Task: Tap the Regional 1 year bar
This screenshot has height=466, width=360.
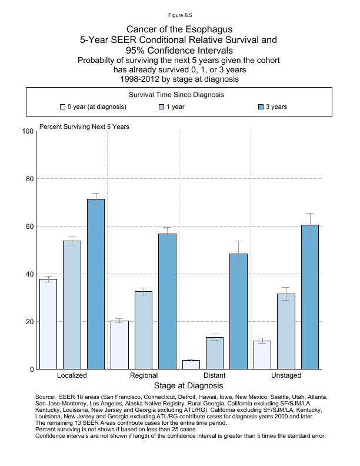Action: (144, 330)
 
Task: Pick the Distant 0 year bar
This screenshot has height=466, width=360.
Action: (191, 365)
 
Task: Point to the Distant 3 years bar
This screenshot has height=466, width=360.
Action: (239, 311)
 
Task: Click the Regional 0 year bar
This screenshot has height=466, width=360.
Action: (120, 345)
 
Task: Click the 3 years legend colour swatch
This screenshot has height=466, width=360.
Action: (262, 107)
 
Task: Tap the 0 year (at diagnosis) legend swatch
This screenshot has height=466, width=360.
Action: (63, 107)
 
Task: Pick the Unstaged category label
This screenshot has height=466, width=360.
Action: (286, 375)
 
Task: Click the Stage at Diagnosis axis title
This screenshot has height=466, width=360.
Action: (188, 386)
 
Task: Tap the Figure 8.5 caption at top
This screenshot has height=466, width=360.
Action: (179, 15)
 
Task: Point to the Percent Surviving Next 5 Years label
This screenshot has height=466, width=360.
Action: (84, 127)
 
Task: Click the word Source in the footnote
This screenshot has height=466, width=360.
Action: (46, 397)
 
